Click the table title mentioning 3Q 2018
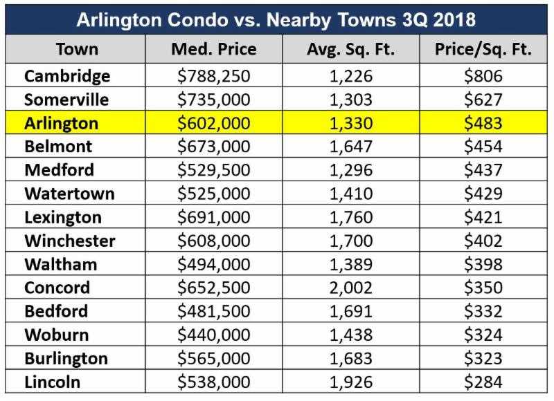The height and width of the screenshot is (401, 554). coord(276,19)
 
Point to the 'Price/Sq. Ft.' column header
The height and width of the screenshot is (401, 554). coord(483,50)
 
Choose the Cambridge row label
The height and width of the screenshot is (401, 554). coord(66,76)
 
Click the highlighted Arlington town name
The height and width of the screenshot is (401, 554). coord(62,123)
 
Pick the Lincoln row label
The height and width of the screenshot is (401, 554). coord(53,382)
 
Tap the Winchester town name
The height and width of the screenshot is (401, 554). coord(70,241)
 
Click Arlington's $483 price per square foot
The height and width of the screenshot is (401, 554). coord(483,123)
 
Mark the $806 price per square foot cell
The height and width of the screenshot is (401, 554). coord(483,76)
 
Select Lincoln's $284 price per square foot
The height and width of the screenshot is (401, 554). coord(483,382)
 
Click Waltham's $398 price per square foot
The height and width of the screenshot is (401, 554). coord(483,264)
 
